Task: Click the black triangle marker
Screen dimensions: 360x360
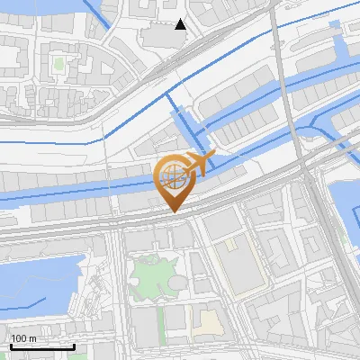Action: (x=181, y=24)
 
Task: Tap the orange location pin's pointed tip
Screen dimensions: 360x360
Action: (x=171, y=211)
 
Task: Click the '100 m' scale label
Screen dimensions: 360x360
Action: (x=23, y=338)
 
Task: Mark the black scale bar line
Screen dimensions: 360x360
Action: (x=42, y=346)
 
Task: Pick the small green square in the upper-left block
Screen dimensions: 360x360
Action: (x=58, y=64)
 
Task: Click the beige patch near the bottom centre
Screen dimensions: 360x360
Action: (x=208, y=321)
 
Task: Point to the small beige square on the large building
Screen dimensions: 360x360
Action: (x=230, y=243)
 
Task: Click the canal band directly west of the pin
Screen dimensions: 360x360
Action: (x=72, y=190)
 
